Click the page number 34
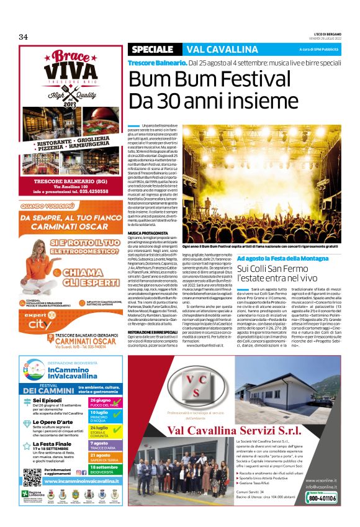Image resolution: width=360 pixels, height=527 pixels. (24, 37)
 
